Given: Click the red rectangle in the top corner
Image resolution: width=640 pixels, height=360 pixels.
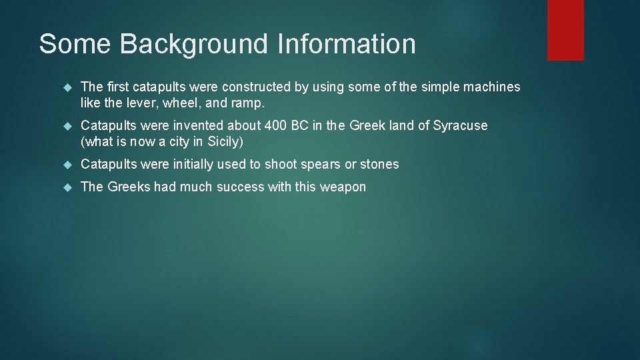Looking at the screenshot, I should (565, 30).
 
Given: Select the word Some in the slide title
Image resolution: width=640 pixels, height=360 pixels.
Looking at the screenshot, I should (75, 44).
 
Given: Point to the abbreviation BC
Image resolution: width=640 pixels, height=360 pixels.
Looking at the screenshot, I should (301, 125).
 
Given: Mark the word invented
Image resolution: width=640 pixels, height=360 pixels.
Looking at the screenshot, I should (197, 125).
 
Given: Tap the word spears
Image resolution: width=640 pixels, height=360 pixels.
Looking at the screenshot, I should (320, 165).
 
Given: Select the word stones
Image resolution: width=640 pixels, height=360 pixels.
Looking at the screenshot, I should (379, 164).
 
